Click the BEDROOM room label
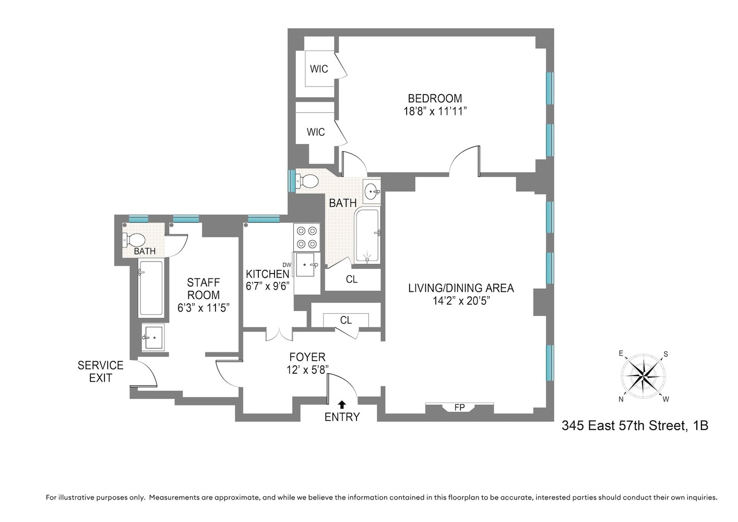pyautogui.click(x=435, y=98)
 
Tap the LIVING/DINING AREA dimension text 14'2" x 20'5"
pyautogui.click(x=461, y=301)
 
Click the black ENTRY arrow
pyautogui.click(x=342, y=404)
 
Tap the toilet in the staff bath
pyautogui.click(x=135, y=240)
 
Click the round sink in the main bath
pyautogui.click(x=372, y=191)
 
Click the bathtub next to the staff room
pyautogui.click(x=150, y=288)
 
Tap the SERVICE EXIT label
pyautogui.click(x=100, y=371)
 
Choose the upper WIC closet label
pyautogui.click(x=319, y=69)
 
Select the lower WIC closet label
pyautogui.click(x=316, y=132)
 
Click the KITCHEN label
pyautogui.click(x=268, y=274)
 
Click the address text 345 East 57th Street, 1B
pyautogui.click(x=635, y=425)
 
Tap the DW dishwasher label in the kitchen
pyautogui.click(x=287, y=265)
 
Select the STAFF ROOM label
pyautogui.click(x=204, y=288)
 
